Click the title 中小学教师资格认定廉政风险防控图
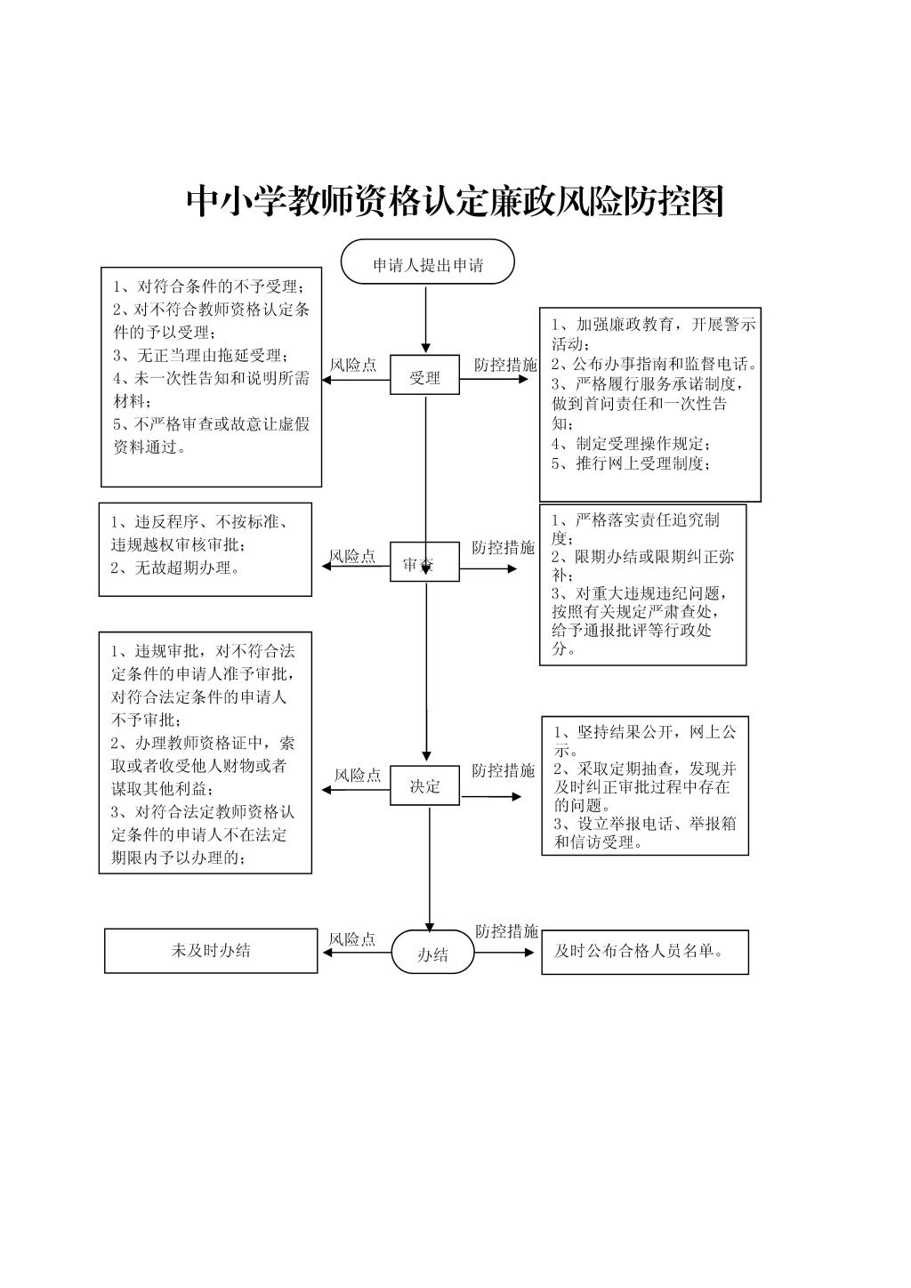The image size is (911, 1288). [455, 201]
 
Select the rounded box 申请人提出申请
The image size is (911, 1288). [427, 262]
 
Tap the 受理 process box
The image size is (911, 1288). [424, 374]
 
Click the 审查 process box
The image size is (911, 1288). [424, 561]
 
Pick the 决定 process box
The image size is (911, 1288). [424, 785]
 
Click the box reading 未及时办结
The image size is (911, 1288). [211, 951]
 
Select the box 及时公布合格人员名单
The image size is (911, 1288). [645, 952]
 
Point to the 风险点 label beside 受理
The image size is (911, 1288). [353, 365]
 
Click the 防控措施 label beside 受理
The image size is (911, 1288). [505, 365]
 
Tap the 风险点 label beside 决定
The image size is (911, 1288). [358, 775]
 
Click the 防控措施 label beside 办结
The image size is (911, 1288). [506, 931]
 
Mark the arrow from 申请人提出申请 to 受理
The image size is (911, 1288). [425, 319]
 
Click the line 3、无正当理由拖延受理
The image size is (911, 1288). [201, 355]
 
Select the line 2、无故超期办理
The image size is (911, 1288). [175, 568]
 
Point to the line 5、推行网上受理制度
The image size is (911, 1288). [631, 463]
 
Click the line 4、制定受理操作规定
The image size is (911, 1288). [631, 444]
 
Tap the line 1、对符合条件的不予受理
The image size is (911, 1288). [208, 286]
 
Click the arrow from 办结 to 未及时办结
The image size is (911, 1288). [357, 952]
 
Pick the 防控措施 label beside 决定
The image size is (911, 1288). [504, 770]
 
